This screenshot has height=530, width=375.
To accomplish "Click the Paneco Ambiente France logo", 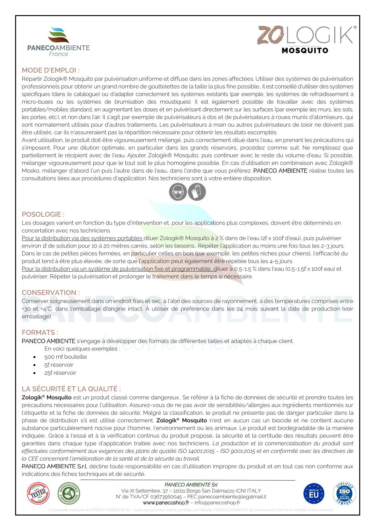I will click(x=59, y=42).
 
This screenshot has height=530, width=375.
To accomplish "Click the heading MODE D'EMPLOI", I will click(x=50, y=70).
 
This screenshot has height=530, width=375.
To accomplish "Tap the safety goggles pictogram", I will click(x=178, y=192).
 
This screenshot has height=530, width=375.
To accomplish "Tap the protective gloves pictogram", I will click(x=197, y=192).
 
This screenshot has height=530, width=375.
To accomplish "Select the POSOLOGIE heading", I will click(x=43, y=214).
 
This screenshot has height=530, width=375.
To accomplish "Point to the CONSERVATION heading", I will click(x=51, y=293).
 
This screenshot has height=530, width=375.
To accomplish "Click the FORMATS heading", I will click(x=40, y=333).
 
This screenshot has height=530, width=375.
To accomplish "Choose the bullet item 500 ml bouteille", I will click(x=66, y=357).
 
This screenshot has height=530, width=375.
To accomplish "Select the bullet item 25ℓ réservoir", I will click(x=60, y=373).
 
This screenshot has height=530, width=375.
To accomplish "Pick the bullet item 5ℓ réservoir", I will click(x=59, y=365).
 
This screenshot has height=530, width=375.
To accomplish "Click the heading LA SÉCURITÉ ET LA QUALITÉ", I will click(x=71, y=389).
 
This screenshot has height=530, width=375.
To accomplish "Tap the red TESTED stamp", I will click(x=38, y=493).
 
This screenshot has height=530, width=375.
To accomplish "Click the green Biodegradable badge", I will click(x=69, y=493).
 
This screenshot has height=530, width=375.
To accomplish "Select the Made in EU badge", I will click(x=314, y=493).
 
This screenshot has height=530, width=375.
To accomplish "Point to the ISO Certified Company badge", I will click(x=344, y=493).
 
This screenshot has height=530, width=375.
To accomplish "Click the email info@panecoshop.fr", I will click(x=217, y=503).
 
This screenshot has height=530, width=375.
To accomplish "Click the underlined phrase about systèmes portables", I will click(x=82, y=238).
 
